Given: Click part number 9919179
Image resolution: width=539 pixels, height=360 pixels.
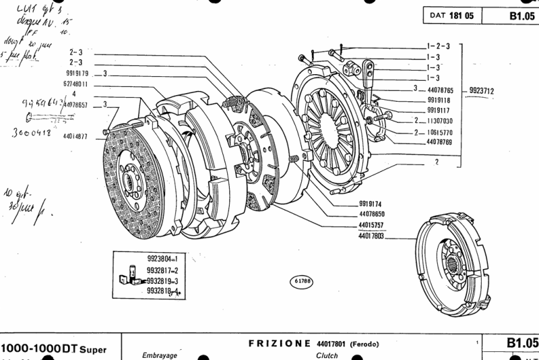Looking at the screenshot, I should (x=80, y=73).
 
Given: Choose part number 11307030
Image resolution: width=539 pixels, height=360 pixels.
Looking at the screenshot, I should (x=440, y=121).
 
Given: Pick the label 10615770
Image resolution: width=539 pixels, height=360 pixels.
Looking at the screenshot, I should (x=440, y=133).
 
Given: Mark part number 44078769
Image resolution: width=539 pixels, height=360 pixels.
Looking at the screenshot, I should (x=440, y=143).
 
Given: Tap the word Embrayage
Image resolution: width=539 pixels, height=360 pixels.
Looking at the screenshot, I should (x=159, y=355).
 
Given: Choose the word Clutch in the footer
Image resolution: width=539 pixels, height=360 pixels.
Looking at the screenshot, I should (x=326, y=355).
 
